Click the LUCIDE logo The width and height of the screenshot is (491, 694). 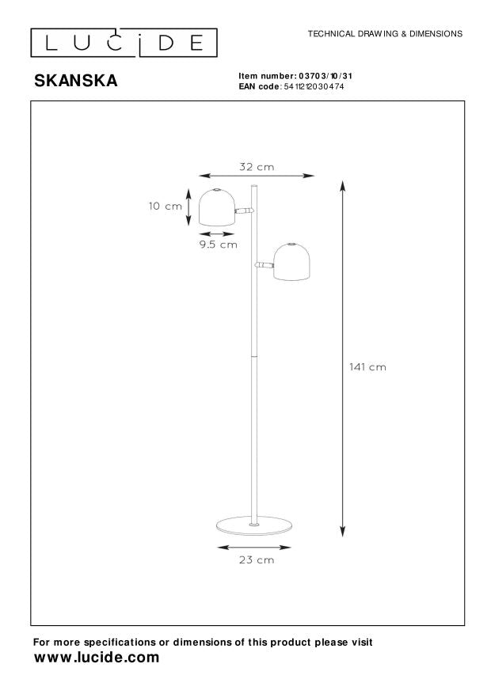124,42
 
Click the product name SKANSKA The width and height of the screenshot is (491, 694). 74,80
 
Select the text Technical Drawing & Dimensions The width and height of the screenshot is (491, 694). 384,35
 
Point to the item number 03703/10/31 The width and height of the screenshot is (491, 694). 295,76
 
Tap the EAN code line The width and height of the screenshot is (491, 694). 291,85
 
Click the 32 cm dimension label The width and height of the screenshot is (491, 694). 257,167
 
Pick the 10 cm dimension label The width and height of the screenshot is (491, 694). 165,207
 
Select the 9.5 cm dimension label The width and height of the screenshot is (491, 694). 218,245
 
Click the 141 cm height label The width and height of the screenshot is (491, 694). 367,367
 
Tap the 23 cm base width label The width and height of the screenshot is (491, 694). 257,559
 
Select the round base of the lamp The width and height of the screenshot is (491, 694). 253,526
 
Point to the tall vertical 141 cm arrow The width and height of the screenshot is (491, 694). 342,356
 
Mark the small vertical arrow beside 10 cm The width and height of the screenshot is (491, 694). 188,207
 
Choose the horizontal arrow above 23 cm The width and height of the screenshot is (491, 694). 255,546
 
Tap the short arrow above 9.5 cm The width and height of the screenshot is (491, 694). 218,233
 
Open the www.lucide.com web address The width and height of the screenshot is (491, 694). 97,658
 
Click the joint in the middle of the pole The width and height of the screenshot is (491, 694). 253,356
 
